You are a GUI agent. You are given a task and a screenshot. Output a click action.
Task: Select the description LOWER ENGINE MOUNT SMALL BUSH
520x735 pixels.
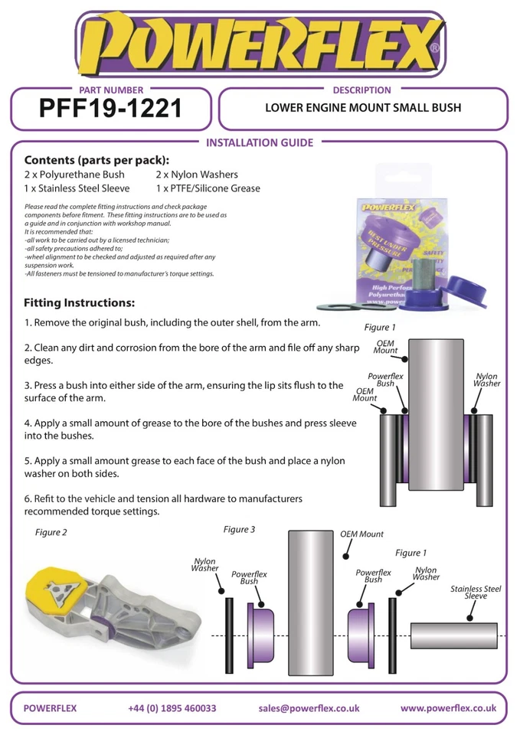coord(363,108)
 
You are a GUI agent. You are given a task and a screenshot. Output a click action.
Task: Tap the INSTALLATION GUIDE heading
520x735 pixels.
coord(260,142)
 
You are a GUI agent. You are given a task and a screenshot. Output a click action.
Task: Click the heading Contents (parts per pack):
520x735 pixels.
coord(96,161)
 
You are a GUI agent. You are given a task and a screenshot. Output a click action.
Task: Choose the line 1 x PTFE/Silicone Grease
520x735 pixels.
coord(208,188)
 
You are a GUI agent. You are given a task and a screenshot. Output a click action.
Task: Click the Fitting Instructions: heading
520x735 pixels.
coord(80,302)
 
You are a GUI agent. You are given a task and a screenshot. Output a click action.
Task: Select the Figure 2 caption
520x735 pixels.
coord(51,533)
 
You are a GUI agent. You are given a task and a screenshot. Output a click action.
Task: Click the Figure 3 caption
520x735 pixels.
coord(239,529)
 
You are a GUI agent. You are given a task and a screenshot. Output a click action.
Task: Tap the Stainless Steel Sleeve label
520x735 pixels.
coord(476,592)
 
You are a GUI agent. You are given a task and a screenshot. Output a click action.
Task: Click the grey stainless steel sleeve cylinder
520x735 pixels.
coord(453,635)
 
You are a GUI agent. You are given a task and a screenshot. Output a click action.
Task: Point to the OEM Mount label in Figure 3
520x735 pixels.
coord(361,534)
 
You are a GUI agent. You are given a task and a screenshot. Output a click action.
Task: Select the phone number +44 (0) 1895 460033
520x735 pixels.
coord(172,708)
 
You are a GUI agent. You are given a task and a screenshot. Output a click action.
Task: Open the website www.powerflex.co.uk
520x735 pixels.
coord(448,708)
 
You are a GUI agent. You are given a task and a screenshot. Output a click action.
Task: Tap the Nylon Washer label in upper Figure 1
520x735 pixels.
coord(486,380)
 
